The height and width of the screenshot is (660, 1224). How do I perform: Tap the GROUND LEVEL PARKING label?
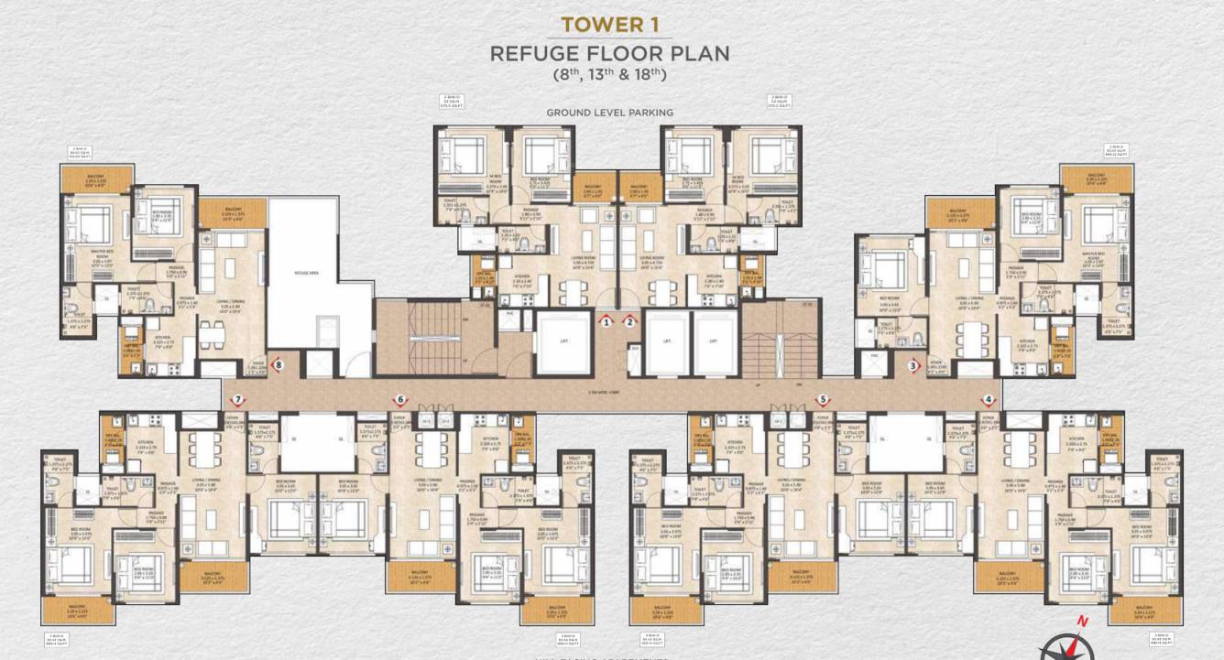coord(609,113)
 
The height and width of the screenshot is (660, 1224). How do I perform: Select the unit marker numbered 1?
coord(607,321)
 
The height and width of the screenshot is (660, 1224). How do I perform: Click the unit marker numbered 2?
coord(630,321)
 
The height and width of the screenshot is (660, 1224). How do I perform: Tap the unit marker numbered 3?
coord(913,366)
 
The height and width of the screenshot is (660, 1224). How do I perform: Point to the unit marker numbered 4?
coord(988,400)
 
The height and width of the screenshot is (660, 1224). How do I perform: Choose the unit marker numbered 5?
coord(823,400)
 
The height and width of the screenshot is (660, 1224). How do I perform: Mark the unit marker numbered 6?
coord(399,400)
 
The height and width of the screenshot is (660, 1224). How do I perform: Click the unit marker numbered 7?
coord(237,400)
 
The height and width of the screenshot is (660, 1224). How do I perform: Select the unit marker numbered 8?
coord(279,363)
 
